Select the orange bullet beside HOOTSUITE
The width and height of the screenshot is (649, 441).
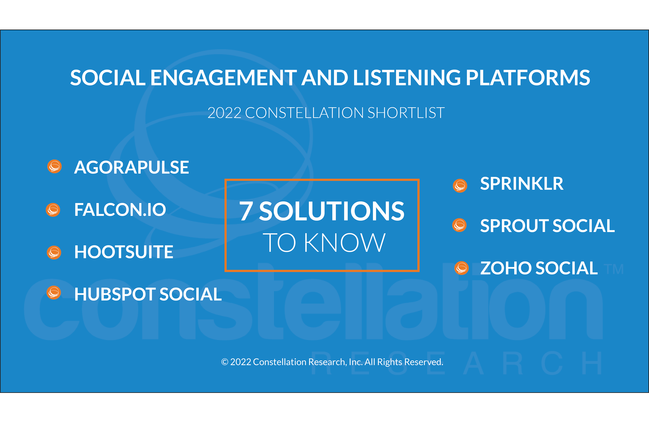[x=54, y=252]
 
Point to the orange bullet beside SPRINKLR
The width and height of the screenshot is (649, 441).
[x=460, y=186]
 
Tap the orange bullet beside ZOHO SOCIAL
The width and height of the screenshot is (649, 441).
[x=462, y=268]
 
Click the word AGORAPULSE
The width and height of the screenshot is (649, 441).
[x=132, y=168]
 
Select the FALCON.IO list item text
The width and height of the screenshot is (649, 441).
[x=120, y=210]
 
